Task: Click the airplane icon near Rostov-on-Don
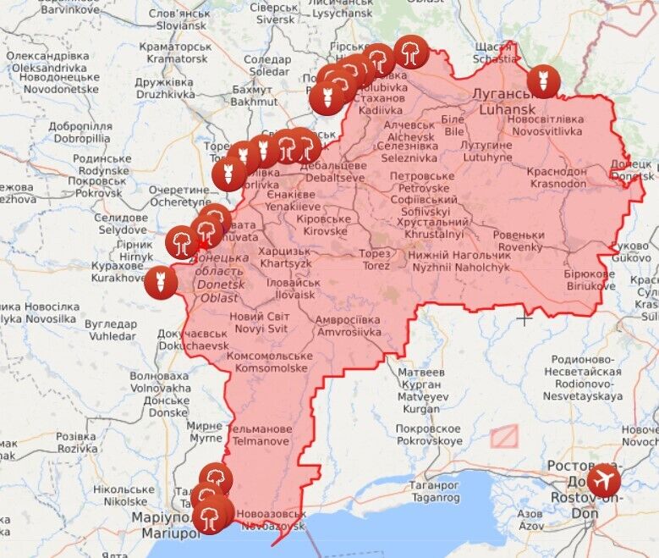[x=604, y=481]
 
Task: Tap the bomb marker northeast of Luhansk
[x=542, y=81]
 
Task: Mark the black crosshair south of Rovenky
[x=525, y=319]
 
